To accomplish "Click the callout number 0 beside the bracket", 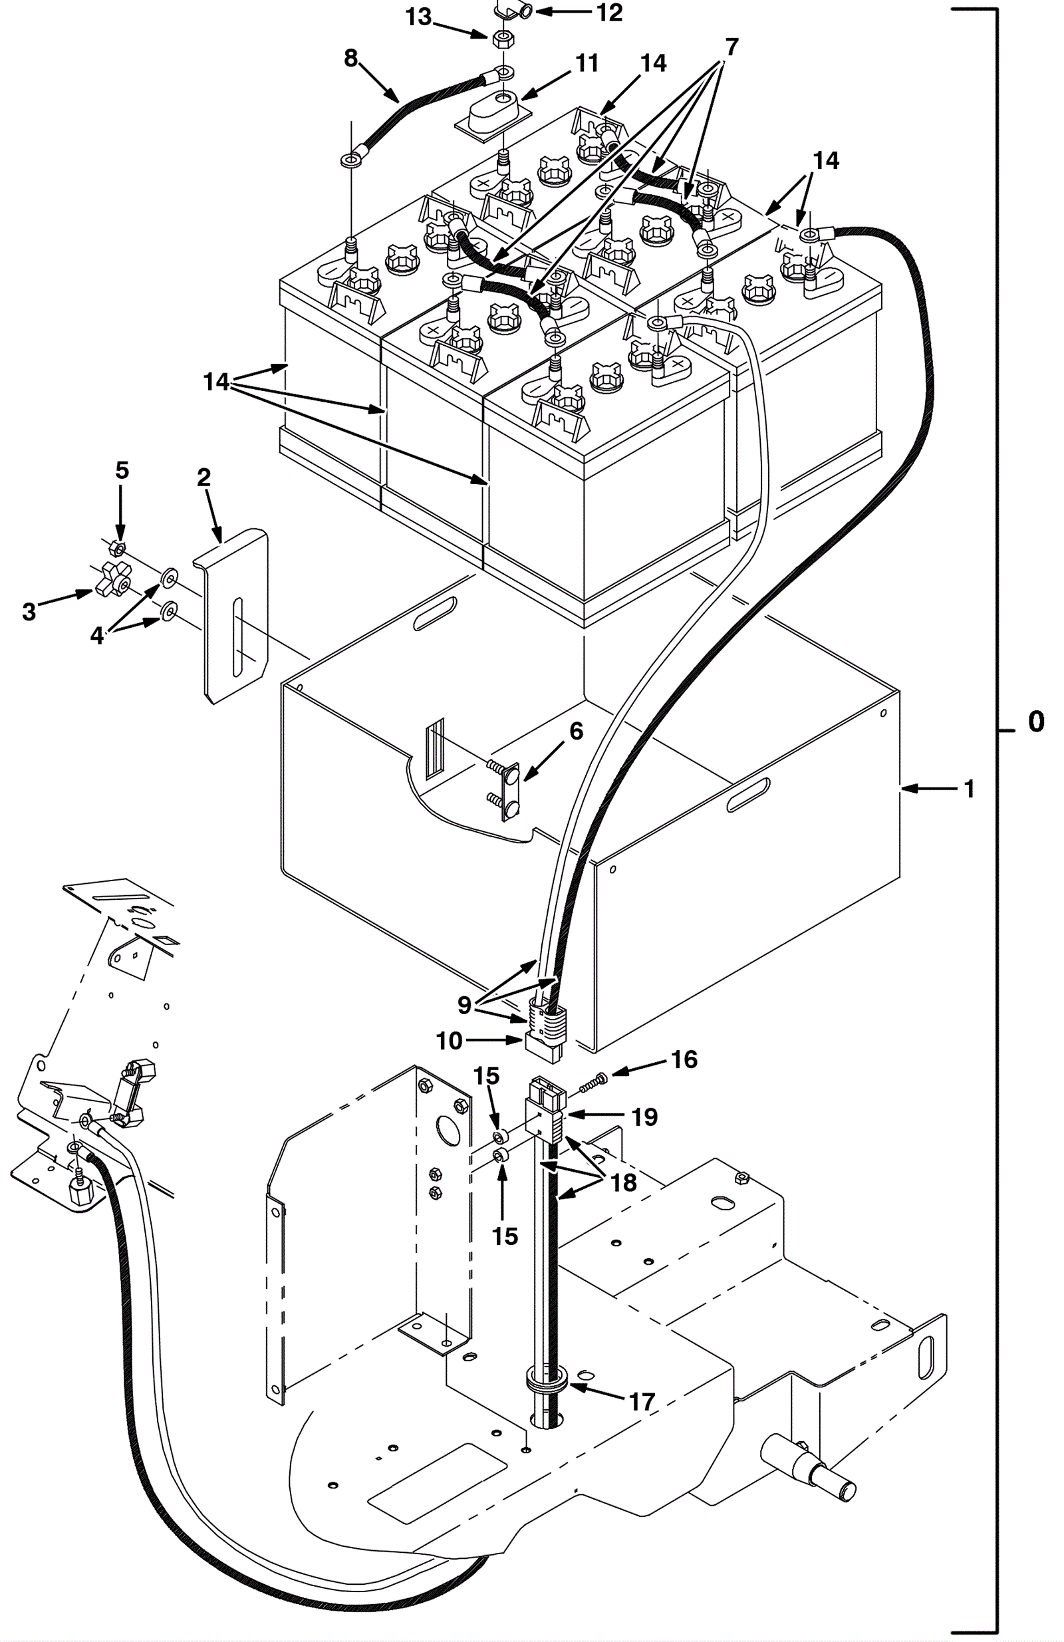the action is pyautogui.click(x=1035, y=722).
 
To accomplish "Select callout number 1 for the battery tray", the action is pyautogui.click(x=970, y=789).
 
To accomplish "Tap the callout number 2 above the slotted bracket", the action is pyautogui.click(x=203, y=477).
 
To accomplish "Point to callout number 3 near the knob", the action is pyautogui.click(x=29, y=611).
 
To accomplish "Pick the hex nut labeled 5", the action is pyautogui.click(x=116, y=549).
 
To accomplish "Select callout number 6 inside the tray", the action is pyautogui.click(x=576, y=732).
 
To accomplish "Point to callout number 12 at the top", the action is pyautogui.click(x=610, y=12).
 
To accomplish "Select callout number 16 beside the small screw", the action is pyautogui.click(x=684, y=1059).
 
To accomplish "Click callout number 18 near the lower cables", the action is pyautogui.click(x=624, y=1182).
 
